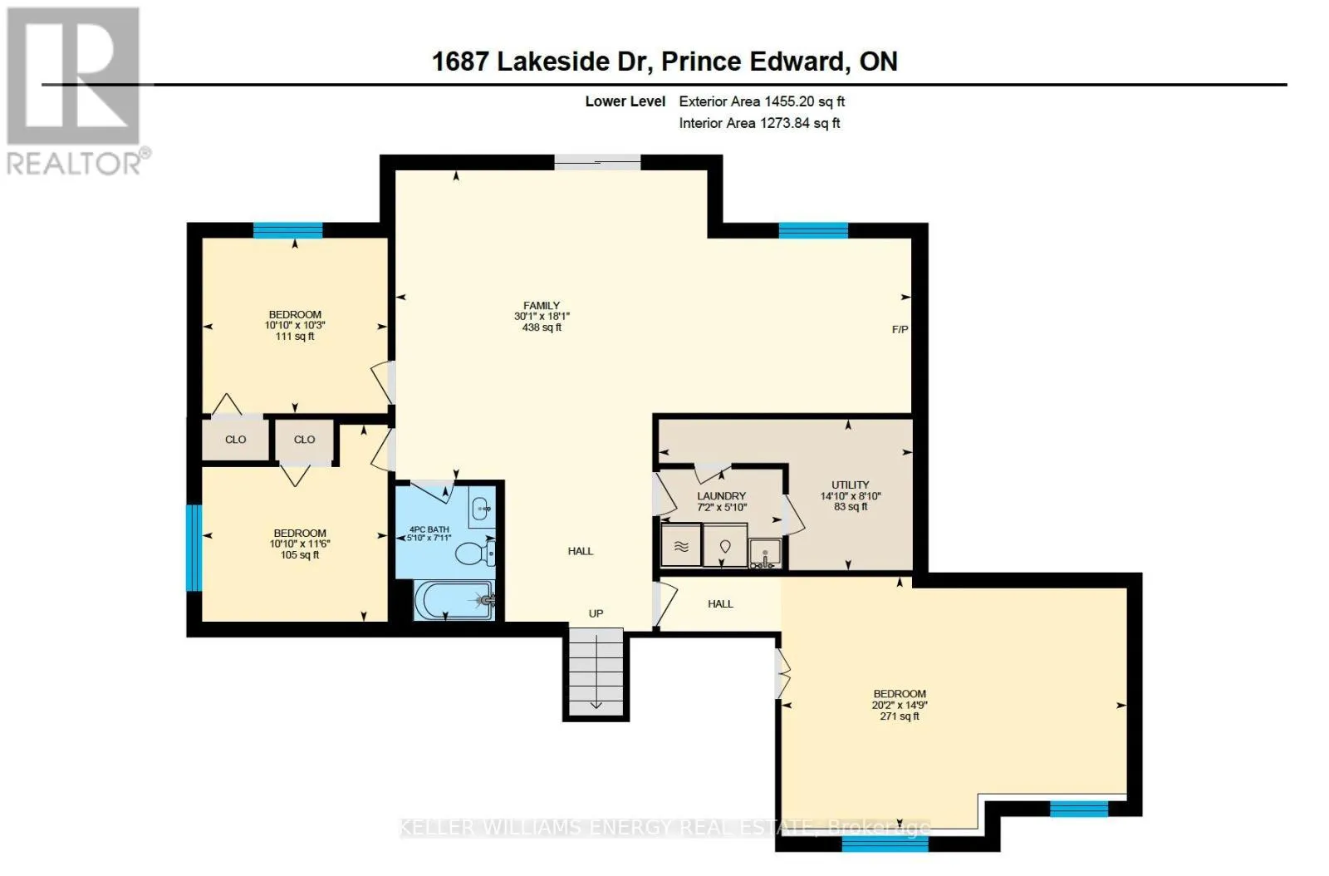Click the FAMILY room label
click(541, 306)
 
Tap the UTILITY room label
click(851, 485)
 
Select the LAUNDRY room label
click(721, 496)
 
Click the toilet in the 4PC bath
click(474, 554)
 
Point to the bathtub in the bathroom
click(454, 600)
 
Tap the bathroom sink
click(481, 508)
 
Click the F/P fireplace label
click(900, 329)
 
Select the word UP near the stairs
click(596, 613)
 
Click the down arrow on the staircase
click(596, 705)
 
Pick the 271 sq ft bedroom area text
click(900, 716)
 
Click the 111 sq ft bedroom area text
click(295, 337)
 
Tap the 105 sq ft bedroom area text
click(300, 555)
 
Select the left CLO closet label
click(236, 440)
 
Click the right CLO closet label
click(304, 440)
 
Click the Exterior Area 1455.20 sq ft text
click(762, 101)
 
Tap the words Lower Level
click(625, 101)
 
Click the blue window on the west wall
click(194, 548)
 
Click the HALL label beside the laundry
click(720, 604)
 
